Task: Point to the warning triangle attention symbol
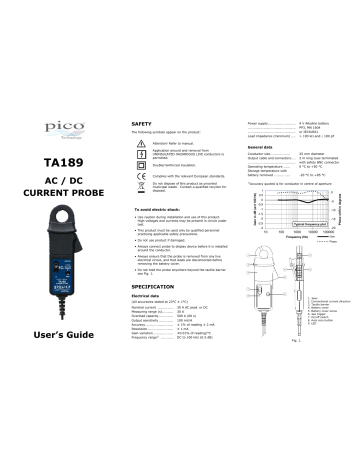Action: click(x=139, y=142)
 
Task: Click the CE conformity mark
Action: click(x=139, y=173)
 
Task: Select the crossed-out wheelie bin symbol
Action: click(x=139, y=187)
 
